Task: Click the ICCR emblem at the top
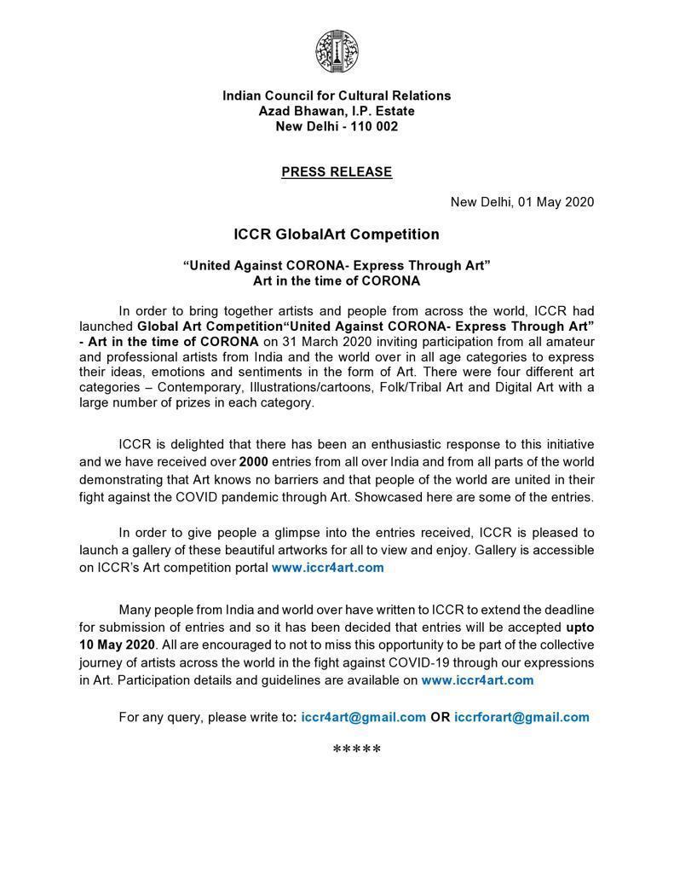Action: pyautogui.click(x=337, y=52)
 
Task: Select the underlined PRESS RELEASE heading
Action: pyautogui.click(x=337, y=172)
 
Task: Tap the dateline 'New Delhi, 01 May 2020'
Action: pyautogui.click(x=521, y=202)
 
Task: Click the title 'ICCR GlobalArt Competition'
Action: pyautogui.click(x=337, y=234)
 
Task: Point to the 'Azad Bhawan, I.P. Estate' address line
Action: pyautogui.click(x=337, y=111)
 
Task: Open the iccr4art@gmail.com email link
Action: pyautogui.click(x=362, y=717)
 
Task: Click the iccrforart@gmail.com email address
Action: pyautogui.click(x=521, y=717)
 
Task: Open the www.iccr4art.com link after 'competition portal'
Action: pyautogui.click(x=327, y=567)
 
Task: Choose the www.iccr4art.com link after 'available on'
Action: pyautogui.click(x=477, y=679)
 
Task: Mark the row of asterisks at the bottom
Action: pyautogui.click(x=356, y=750)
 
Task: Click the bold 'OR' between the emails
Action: pyautogui.click(x=440, y=717)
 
